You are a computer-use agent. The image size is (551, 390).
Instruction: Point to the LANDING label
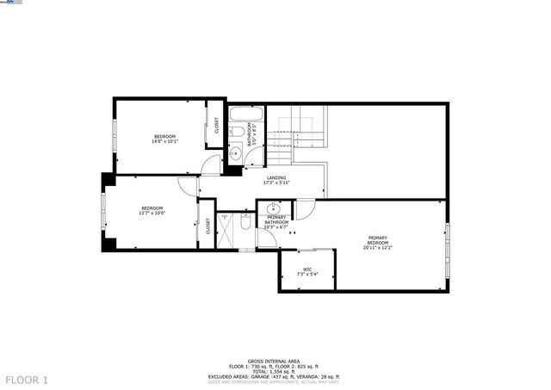[x=276, y=177]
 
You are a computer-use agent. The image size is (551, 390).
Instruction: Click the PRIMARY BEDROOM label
[x=378, y=240]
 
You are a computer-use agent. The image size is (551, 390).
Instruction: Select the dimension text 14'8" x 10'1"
[x=164, y=143]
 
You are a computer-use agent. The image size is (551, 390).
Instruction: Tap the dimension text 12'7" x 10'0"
[x=152, y=214]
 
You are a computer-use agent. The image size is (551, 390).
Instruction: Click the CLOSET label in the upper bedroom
[x=216, y=127]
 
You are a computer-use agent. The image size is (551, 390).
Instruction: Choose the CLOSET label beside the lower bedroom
[x=207, y=226]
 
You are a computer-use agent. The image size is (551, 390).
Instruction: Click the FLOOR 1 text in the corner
[x=28, y=380]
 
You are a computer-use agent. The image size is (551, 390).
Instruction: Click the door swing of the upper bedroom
[x=210, y=168]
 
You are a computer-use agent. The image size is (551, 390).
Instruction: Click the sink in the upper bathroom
[x=234, y=154]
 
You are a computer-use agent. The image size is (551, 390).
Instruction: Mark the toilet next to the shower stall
[x=245, y=225]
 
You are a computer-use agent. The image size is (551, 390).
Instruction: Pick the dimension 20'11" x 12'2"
[x=378, y=248]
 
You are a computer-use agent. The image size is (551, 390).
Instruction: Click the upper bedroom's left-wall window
[x=114, y=137]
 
